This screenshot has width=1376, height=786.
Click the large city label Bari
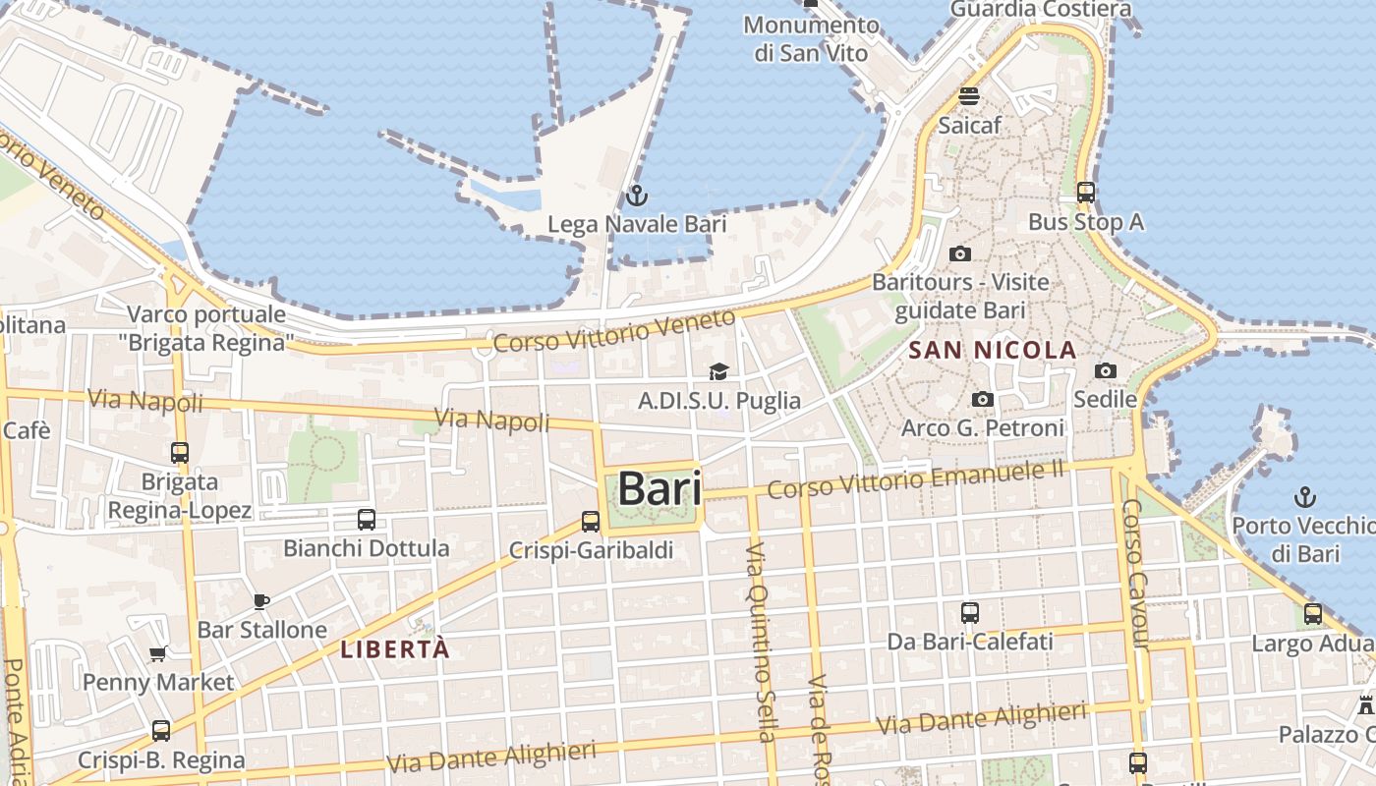click(x=659, y=489)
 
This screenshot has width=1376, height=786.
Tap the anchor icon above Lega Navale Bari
click(x=637, y=195)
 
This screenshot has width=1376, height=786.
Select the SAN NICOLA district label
click(x=993, y=350)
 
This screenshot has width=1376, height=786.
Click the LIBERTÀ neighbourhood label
click(x=395, y=649)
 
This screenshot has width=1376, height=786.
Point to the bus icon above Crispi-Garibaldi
click(x=591, y=522)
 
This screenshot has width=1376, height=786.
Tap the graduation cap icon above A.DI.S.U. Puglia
click(x=718, y=371)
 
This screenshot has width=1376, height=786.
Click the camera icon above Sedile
click(x=1106, y=370)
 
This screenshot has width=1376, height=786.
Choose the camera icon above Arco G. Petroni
click(x=982, y=399)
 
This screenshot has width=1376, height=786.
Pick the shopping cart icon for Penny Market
click(x=157, y=653)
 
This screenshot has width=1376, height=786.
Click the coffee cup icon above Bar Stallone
click(x=261, y=600)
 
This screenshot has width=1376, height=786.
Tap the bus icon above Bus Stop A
click(x=1086, y=193)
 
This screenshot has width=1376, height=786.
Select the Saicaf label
click(x=969, y=126)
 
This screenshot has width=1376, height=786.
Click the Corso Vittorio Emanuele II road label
click(x=916, y=479)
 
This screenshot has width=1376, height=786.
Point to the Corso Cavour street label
click(x=1135, y=574)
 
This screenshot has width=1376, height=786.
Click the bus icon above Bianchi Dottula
click(x=367, y=519)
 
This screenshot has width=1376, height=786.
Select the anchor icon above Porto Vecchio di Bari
click(x=1306, y=496)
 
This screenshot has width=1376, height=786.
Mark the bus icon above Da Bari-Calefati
click(x=970, y=613)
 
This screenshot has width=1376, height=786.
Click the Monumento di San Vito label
click(x=811, y=38)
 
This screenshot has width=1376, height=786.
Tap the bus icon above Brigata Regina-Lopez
click(x=180, y=453)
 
